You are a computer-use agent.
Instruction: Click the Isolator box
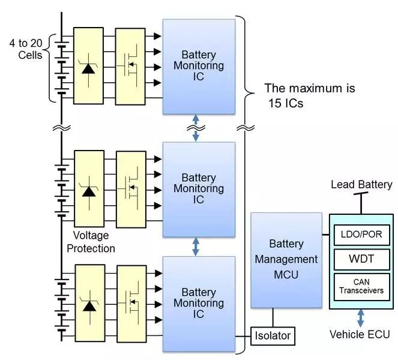click(273, 335)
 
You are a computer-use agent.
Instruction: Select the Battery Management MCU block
click(286, 260)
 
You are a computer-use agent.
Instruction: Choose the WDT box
click(361, 260)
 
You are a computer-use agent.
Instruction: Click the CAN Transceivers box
click(361, 287)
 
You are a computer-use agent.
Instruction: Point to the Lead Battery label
click(361, 184)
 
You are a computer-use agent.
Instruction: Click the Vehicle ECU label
click(361, 334)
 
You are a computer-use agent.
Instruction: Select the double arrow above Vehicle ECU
click(360, 318)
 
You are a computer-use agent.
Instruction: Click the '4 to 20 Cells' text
click(26, 49)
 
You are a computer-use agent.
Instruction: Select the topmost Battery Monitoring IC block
click(199, 66)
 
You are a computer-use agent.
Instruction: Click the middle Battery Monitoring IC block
click(199, 188)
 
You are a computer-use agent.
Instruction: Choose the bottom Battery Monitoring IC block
click(199, 304)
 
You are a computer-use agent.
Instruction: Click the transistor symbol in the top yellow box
click(130, 66)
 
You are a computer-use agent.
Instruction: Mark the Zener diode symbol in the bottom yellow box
click(89, 305)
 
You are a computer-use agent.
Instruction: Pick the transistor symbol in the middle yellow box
click(130, 188)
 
